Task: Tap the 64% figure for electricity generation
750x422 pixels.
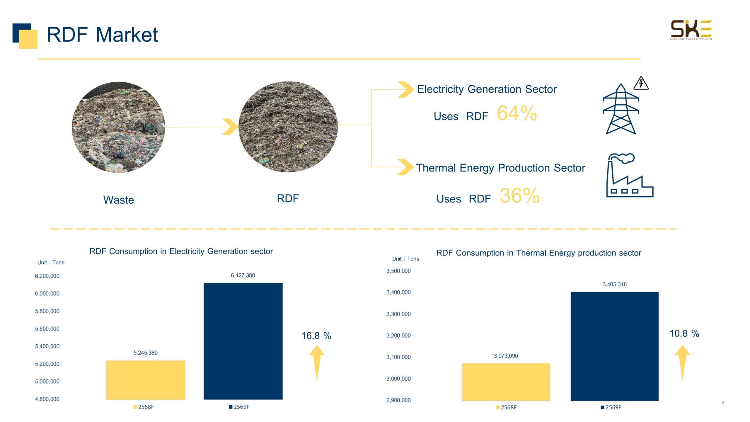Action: pos(517,113)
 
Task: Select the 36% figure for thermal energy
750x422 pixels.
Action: pos(519,195)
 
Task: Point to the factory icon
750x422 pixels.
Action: pos(629,176)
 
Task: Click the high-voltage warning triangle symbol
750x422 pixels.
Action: pos(641,83)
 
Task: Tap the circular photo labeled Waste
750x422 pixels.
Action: pos(118,127)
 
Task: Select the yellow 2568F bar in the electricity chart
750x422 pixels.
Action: pos(146,380)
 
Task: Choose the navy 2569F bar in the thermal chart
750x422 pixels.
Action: pos(614,346)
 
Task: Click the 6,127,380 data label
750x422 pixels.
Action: pos(243,275)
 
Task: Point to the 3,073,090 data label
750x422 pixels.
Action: pos(506,356)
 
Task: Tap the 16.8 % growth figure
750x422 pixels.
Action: pos(316,336)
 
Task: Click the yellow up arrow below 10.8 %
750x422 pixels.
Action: pos(682,362)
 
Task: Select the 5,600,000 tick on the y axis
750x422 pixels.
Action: pos(47,329)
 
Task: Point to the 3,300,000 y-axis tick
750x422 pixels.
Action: pos(398,314)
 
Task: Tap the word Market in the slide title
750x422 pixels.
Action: pos(127,35)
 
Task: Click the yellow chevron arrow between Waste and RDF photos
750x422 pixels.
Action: pos(230,127)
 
